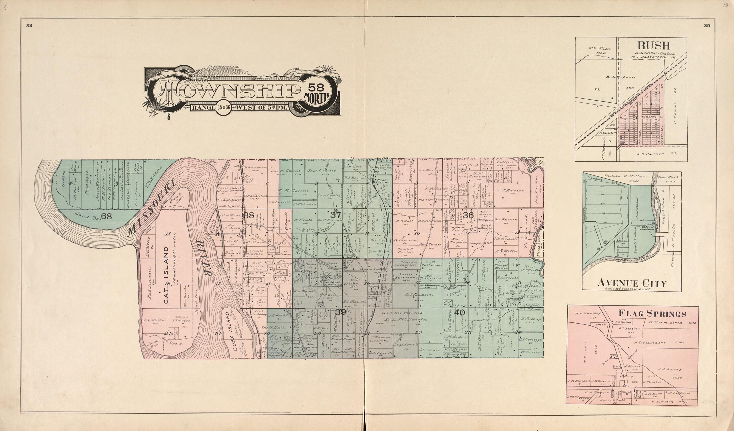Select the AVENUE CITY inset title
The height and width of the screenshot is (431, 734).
tap(632, 283)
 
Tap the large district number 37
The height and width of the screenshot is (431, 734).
tap(336, 215)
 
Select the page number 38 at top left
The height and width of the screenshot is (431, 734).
tap(29, 26)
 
